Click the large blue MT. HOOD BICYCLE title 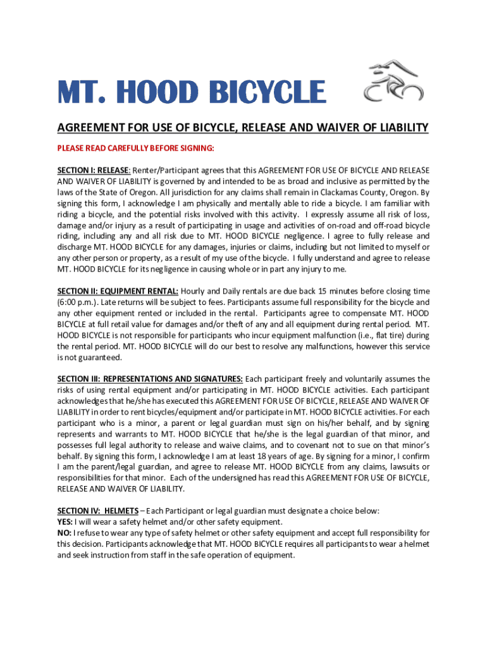tap(192, 92)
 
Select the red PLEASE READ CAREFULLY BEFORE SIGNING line tap(136, 149)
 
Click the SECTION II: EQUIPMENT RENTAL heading tap(118, 291)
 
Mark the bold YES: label tap(65, 522)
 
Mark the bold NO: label tap(65, 533)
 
